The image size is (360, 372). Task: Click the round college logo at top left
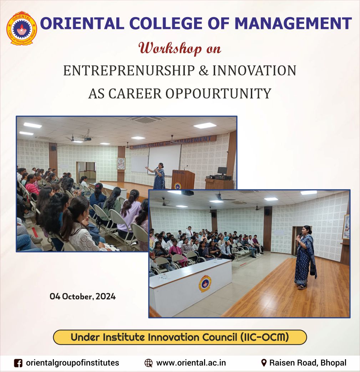coord(22,28)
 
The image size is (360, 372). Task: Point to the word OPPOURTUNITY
coord(218,93)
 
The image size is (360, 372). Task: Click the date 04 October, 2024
coord(83,296)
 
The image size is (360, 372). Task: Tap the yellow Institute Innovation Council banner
coord(180,337)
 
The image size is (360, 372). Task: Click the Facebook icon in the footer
coord(18,363)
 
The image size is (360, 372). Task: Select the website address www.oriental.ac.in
coord(191,363)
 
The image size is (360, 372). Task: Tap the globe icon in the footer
coord(149,363)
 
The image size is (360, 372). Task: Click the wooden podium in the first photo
coord(183,180)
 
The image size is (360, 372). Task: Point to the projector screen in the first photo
coord(164,159)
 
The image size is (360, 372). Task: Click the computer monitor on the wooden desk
coord(222,171)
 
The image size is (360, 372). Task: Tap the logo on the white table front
coord(205,284)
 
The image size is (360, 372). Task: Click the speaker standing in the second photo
coord(305,257)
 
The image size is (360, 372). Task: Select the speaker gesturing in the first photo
coord(158,176)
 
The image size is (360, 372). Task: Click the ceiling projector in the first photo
coord(87,139)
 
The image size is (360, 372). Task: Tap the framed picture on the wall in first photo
coord(121,164)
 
